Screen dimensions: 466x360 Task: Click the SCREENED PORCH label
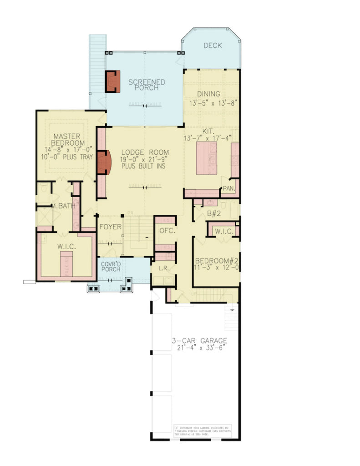tap(146, 85)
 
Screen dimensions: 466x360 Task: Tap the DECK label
tap(213, 45)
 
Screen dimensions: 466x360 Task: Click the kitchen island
tap(207, 157)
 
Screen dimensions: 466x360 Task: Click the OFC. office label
tap(164, 231)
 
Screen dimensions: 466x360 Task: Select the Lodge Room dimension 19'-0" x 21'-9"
tap(145, 160)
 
